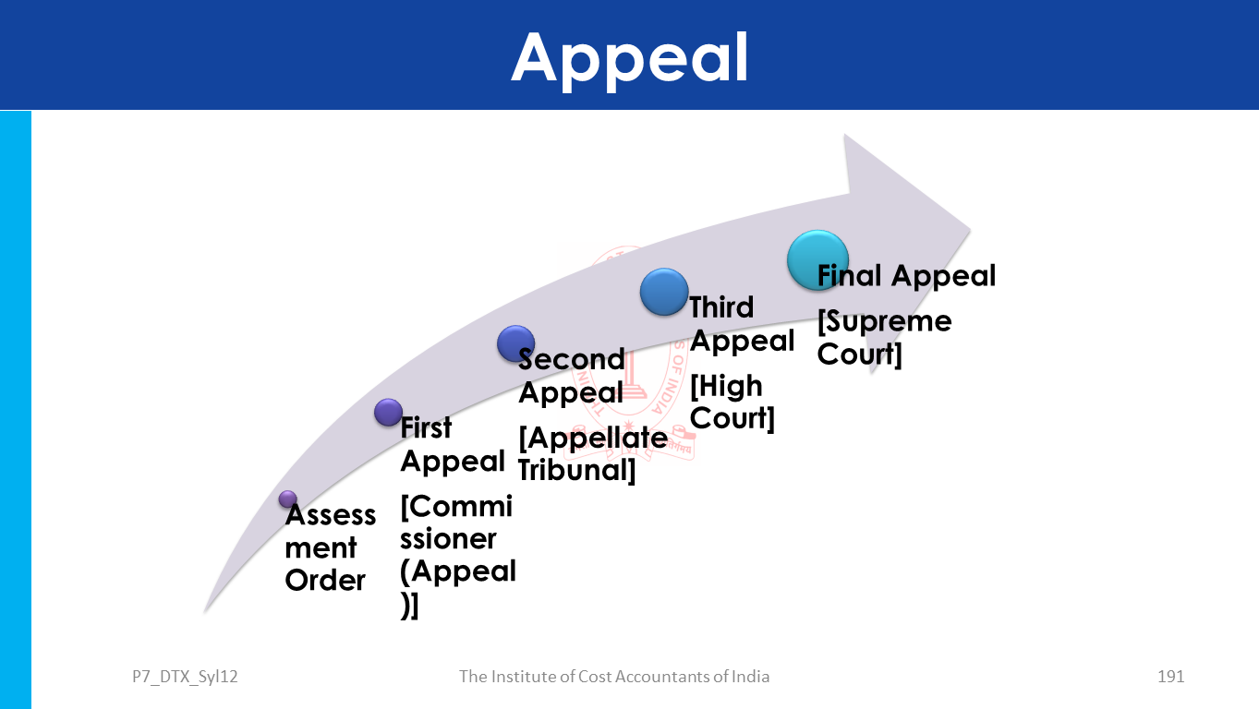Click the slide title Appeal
(x=630, y=57)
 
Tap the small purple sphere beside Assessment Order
(x=288, y=499)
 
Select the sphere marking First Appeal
(x=388, y=412)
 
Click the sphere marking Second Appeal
(x=515, y=343)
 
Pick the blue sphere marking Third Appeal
(x=664, y=292)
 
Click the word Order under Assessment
(x=325, y=581)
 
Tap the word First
(x=426, y=427)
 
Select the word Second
(x=572, y=359)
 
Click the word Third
(x=721, y=307)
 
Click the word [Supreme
(x=884, y=321)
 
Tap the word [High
(x=726, y=386)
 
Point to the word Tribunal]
(x=576, y=469)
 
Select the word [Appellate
(x=592, y=437)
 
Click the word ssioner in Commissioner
(x=448, y=539)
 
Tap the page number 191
(x=1170, y=677)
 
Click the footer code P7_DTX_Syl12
(x=185, y=677)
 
